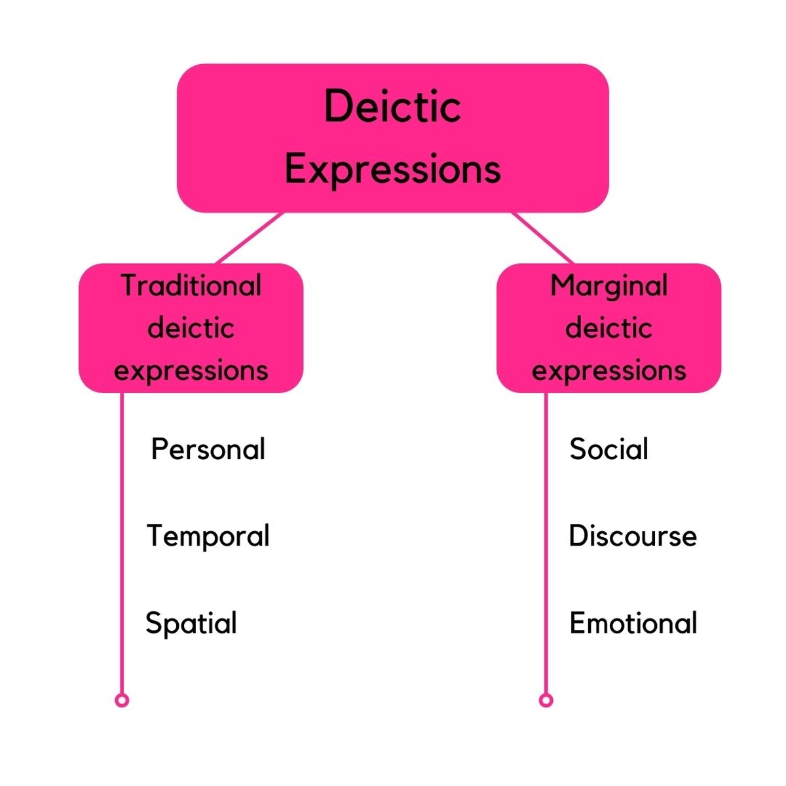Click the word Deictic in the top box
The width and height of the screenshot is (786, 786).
point(392,107)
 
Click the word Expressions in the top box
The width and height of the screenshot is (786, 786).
point(392,169)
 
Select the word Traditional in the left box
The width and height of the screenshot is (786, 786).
point(191,286)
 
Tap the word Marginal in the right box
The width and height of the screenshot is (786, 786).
point(608,286)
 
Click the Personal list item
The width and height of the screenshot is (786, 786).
point(208,449)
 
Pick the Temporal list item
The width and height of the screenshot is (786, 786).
point(208,536)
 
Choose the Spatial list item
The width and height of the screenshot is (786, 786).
point(191,623)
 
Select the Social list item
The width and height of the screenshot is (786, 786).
point(608,449)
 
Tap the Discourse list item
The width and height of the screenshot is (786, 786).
point(632,536)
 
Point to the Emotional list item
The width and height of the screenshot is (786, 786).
point(633,623)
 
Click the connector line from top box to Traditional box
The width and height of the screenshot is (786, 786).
point(250,238)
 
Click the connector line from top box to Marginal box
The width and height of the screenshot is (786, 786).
point(542,238)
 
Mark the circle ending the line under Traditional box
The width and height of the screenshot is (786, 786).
point(122,700)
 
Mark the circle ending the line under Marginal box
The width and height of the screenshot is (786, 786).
point(546,700)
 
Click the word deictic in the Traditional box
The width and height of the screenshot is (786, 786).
point(191,327)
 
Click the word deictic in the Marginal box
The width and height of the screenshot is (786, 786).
point(608,327)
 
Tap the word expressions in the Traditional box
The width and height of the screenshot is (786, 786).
point(191,371)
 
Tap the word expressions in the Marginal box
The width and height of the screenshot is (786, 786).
point(608,371)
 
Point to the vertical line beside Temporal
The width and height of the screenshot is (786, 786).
point(122,536)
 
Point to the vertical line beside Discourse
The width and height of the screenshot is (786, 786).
point(546,536)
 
